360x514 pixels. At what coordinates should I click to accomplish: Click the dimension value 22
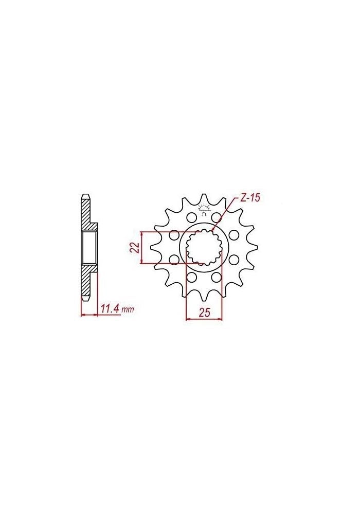pos(135,248)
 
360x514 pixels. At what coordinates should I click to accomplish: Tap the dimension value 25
pos(204,313)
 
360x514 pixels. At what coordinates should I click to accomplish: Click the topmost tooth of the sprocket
pos(204,197)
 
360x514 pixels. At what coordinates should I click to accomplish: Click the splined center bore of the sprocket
pos(204,248)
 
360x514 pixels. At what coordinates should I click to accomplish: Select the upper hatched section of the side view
pos(87,213)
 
